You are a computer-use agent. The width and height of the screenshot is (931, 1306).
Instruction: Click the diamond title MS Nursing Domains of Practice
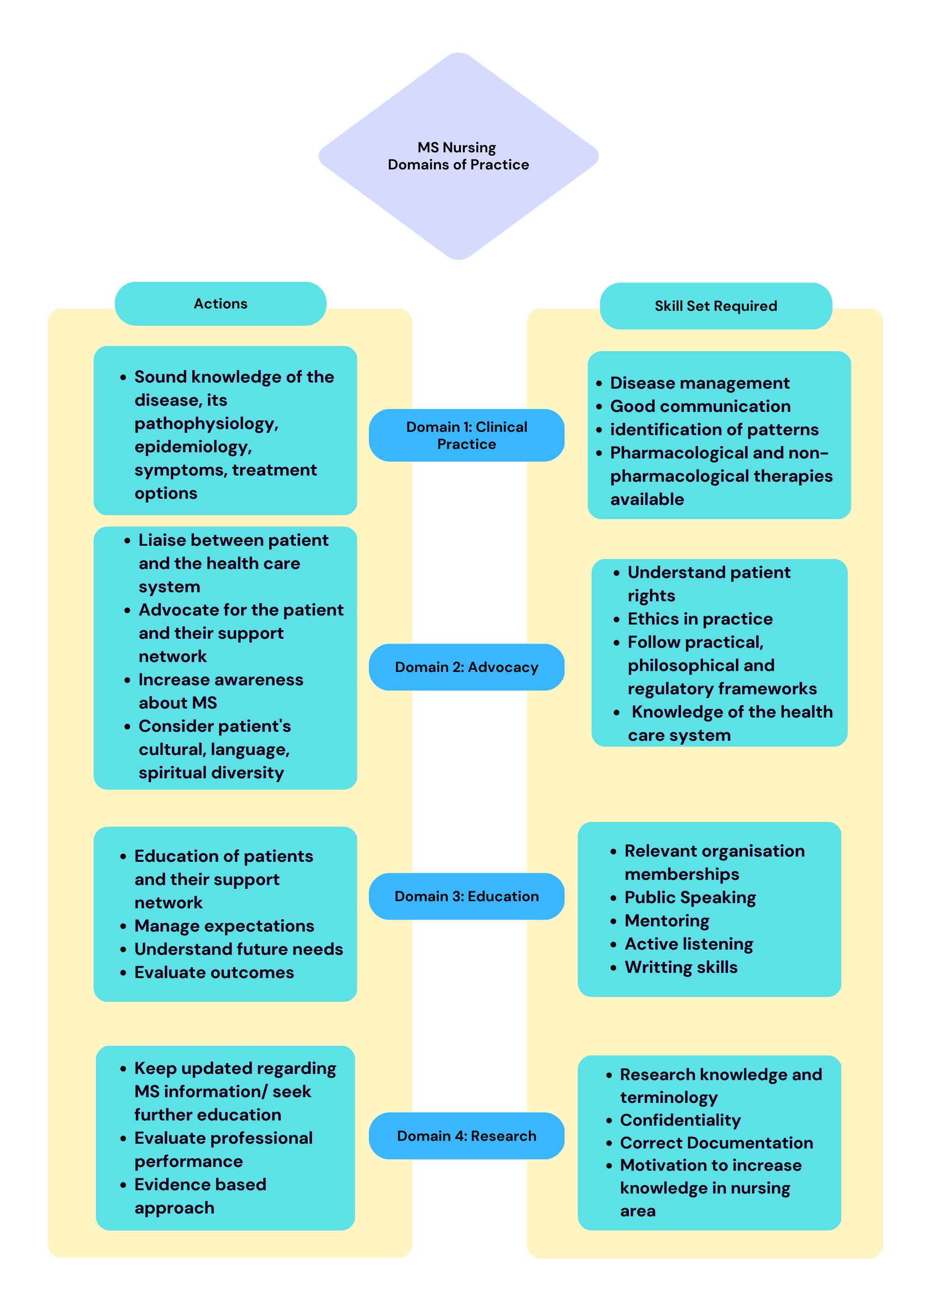point(458,156)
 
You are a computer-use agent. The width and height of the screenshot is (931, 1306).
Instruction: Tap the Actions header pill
point(221,304)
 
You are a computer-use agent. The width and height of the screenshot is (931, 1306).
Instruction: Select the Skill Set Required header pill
point(715,306)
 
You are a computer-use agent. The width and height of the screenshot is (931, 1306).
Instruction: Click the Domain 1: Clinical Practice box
point(466,436)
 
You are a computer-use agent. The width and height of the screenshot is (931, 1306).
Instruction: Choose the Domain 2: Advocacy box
point(466,667)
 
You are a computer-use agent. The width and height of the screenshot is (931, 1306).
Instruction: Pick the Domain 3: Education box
point(466,896)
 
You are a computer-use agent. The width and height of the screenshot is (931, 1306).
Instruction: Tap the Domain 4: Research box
point(466,1136)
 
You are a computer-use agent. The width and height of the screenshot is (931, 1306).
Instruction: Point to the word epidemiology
point(193,447)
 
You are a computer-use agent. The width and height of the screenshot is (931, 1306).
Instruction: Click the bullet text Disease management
point(699,383)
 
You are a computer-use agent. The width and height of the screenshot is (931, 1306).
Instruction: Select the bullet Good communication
point(700,406)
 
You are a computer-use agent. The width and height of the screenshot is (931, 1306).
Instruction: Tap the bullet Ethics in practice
point(700,619)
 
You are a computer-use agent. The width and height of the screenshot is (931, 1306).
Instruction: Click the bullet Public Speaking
point(690,897)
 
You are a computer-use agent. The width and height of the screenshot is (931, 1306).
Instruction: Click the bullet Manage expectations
point(224,926)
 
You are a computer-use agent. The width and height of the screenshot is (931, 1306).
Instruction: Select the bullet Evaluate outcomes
point(214,972)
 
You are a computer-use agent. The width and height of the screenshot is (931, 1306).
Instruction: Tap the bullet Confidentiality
point(680,1120)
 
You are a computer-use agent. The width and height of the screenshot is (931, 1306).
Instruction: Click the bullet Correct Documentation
point(716,1143)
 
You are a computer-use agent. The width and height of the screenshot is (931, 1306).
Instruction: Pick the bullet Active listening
point(688,944)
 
